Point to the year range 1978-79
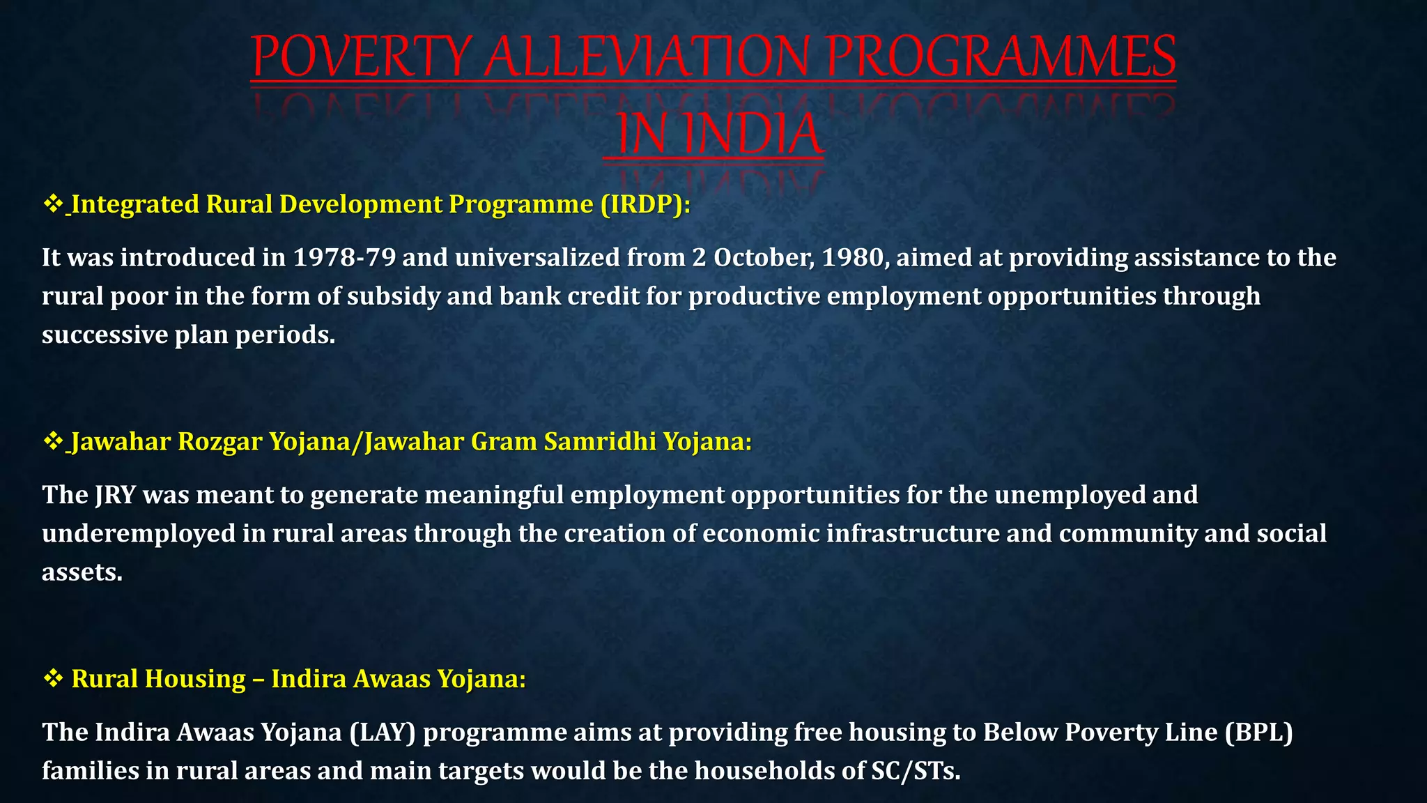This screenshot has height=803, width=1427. pyautogui.click(x=344, y=258)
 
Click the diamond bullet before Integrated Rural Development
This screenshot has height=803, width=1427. pyautogui.click(x=53, y=204)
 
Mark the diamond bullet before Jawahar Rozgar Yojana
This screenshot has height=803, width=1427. pyautogui.click(x=53, y=441)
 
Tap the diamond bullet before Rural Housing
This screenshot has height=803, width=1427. pyautogui.click(x=53, y=678)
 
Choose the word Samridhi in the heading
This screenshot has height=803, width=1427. pyautogui.click(x=600, y=442)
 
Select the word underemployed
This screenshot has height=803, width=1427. pyautogui.click(x=139, y=534)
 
